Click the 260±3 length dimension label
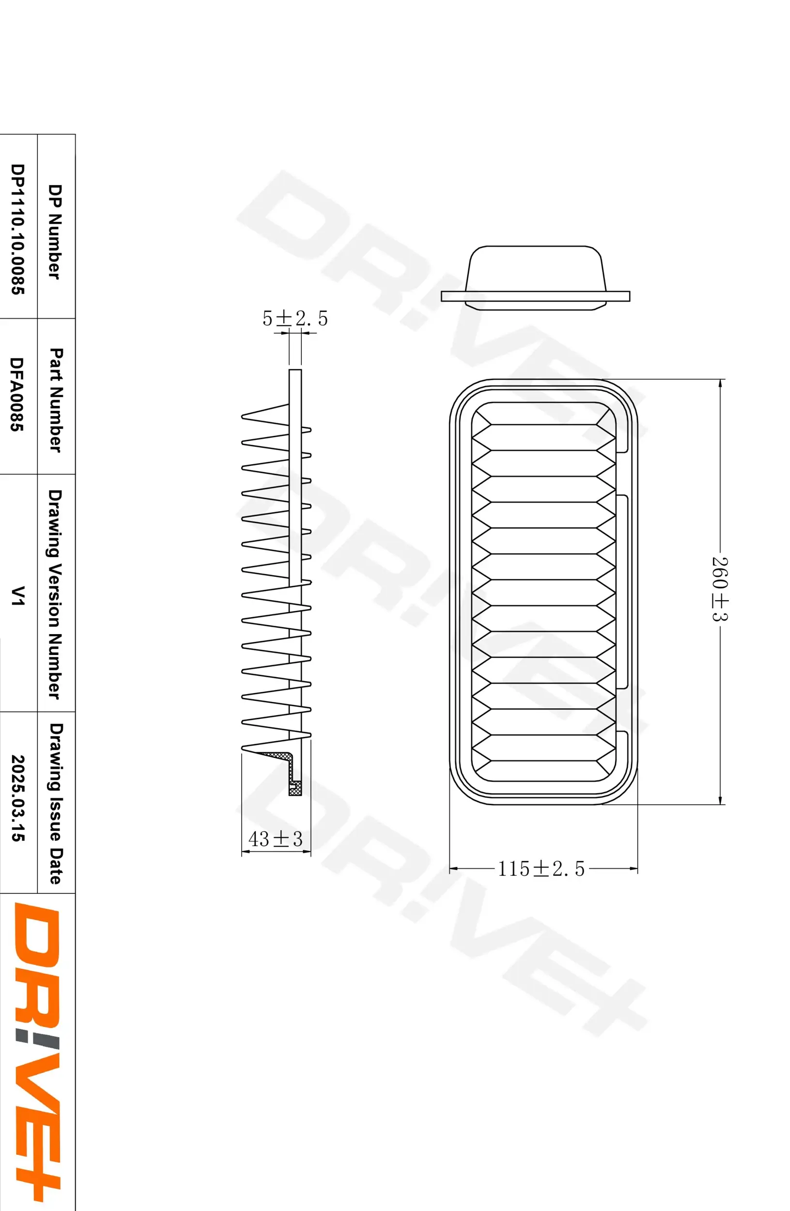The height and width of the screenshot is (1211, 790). coord(719,589)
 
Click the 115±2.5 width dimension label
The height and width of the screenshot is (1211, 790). coord(541,869)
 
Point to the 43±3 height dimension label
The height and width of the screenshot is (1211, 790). coord(275,839)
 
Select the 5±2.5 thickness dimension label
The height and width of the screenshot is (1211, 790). coord(295,319)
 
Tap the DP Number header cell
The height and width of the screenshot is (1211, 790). coord(54,232)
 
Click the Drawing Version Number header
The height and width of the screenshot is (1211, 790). coord(55,594)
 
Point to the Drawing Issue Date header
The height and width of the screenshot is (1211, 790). coord(55,803)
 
